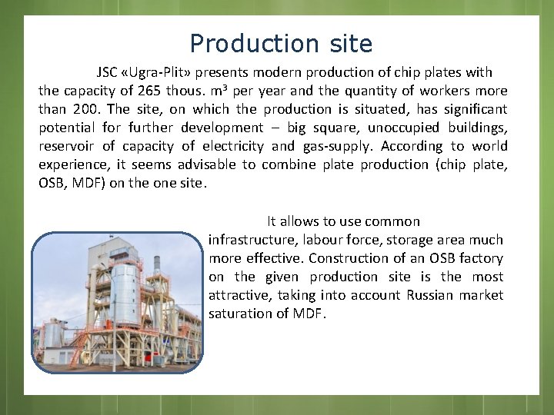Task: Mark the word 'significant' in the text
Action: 471,109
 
